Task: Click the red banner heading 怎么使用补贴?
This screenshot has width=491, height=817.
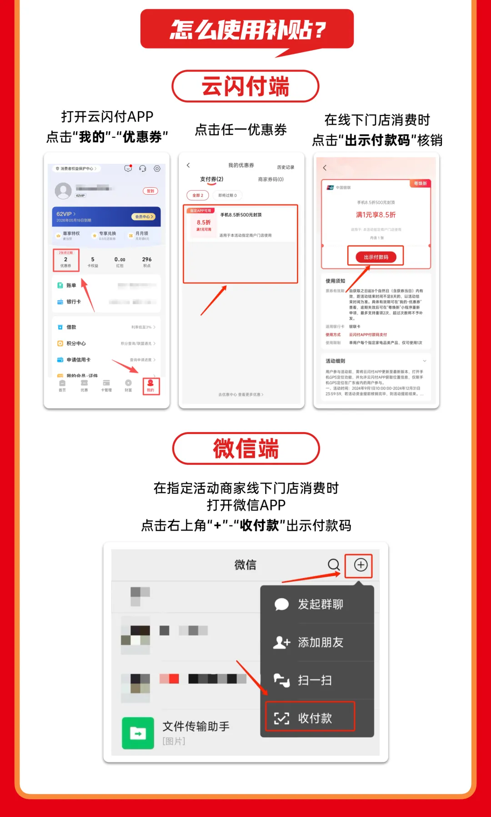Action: pos(247,30)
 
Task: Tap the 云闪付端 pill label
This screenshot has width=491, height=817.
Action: pos(245,86)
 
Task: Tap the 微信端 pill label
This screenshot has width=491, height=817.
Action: pos(246,449)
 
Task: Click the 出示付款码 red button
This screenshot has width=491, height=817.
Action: pos(376,257)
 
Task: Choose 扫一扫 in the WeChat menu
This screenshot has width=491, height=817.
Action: pos(315,680)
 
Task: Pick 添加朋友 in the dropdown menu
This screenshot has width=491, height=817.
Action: pos(320,642)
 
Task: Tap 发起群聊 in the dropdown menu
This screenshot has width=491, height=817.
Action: pos(320,604)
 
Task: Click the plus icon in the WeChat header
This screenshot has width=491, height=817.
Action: pos(361,565)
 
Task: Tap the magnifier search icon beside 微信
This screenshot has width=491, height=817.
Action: pos(334,565)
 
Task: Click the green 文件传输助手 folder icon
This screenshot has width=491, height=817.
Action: pos(138,733)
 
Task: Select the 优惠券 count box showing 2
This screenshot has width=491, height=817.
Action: pos(66,261)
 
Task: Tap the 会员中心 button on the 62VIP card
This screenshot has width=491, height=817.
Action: pos(144,217)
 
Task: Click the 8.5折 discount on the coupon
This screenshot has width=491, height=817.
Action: pos(204,222)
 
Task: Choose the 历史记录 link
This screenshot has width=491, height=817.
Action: pos(286,167)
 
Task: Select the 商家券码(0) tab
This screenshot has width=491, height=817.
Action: pos(271,179)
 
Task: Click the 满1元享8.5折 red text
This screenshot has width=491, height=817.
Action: pos(376,215)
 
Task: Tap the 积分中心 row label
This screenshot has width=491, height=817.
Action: pos(76,343)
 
